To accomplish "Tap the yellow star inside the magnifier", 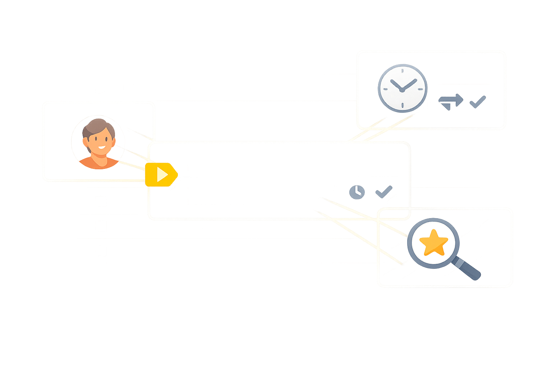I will point(434,243).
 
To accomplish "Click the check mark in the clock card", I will point(478,102).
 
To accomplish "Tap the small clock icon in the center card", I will point(357,192).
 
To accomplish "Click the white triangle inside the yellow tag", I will point(162,175).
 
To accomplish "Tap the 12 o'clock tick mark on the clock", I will point(402,70).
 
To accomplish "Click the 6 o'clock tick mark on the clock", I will point(402,106).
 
